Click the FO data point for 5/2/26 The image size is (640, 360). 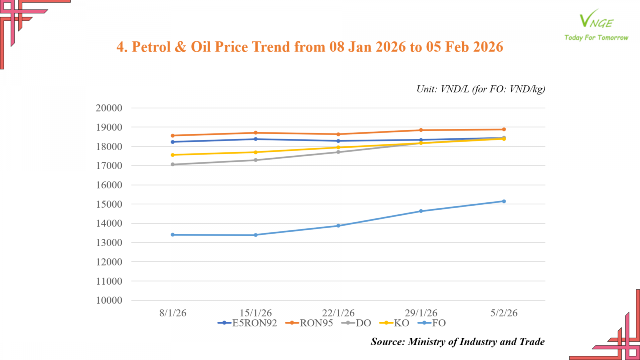[504, 201]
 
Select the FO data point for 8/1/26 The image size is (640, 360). [173, 235]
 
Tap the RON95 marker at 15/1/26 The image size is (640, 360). [256, 133]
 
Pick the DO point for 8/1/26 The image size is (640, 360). [173, 164]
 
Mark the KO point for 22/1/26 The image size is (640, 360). [338, 148]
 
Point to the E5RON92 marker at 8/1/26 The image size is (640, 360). [173, 142]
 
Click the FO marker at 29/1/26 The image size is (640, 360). [421, 211]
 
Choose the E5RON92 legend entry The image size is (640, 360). [248, 323]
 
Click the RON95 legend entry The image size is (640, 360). [309, 323]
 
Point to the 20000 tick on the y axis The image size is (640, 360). [109, 108]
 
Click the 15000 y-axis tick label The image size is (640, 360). [109, 204]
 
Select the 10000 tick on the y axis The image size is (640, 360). [109, 300]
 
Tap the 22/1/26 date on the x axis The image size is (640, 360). [338, 313]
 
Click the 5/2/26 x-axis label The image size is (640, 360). [504, 313]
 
